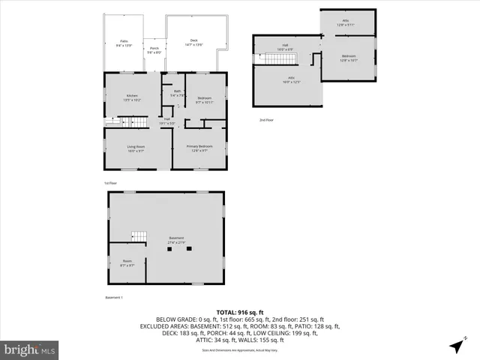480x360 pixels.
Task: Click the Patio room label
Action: (x=124, y=43)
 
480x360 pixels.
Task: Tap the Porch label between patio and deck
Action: (x=154, y=51)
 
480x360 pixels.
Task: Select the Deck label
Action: (x=193, y=42)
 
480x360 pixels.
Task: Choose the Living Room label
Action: (x=136, y=148)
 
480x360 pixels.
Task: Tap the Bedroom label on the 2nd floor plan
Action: (x=349, y=58)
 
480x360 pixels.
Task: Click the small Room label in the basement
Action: (x=127, y=263)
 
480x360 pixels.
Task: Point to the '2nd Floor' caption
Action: (x=266, y=120)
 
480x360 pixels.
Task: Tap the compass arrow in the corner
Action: (x=456, y=346)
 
